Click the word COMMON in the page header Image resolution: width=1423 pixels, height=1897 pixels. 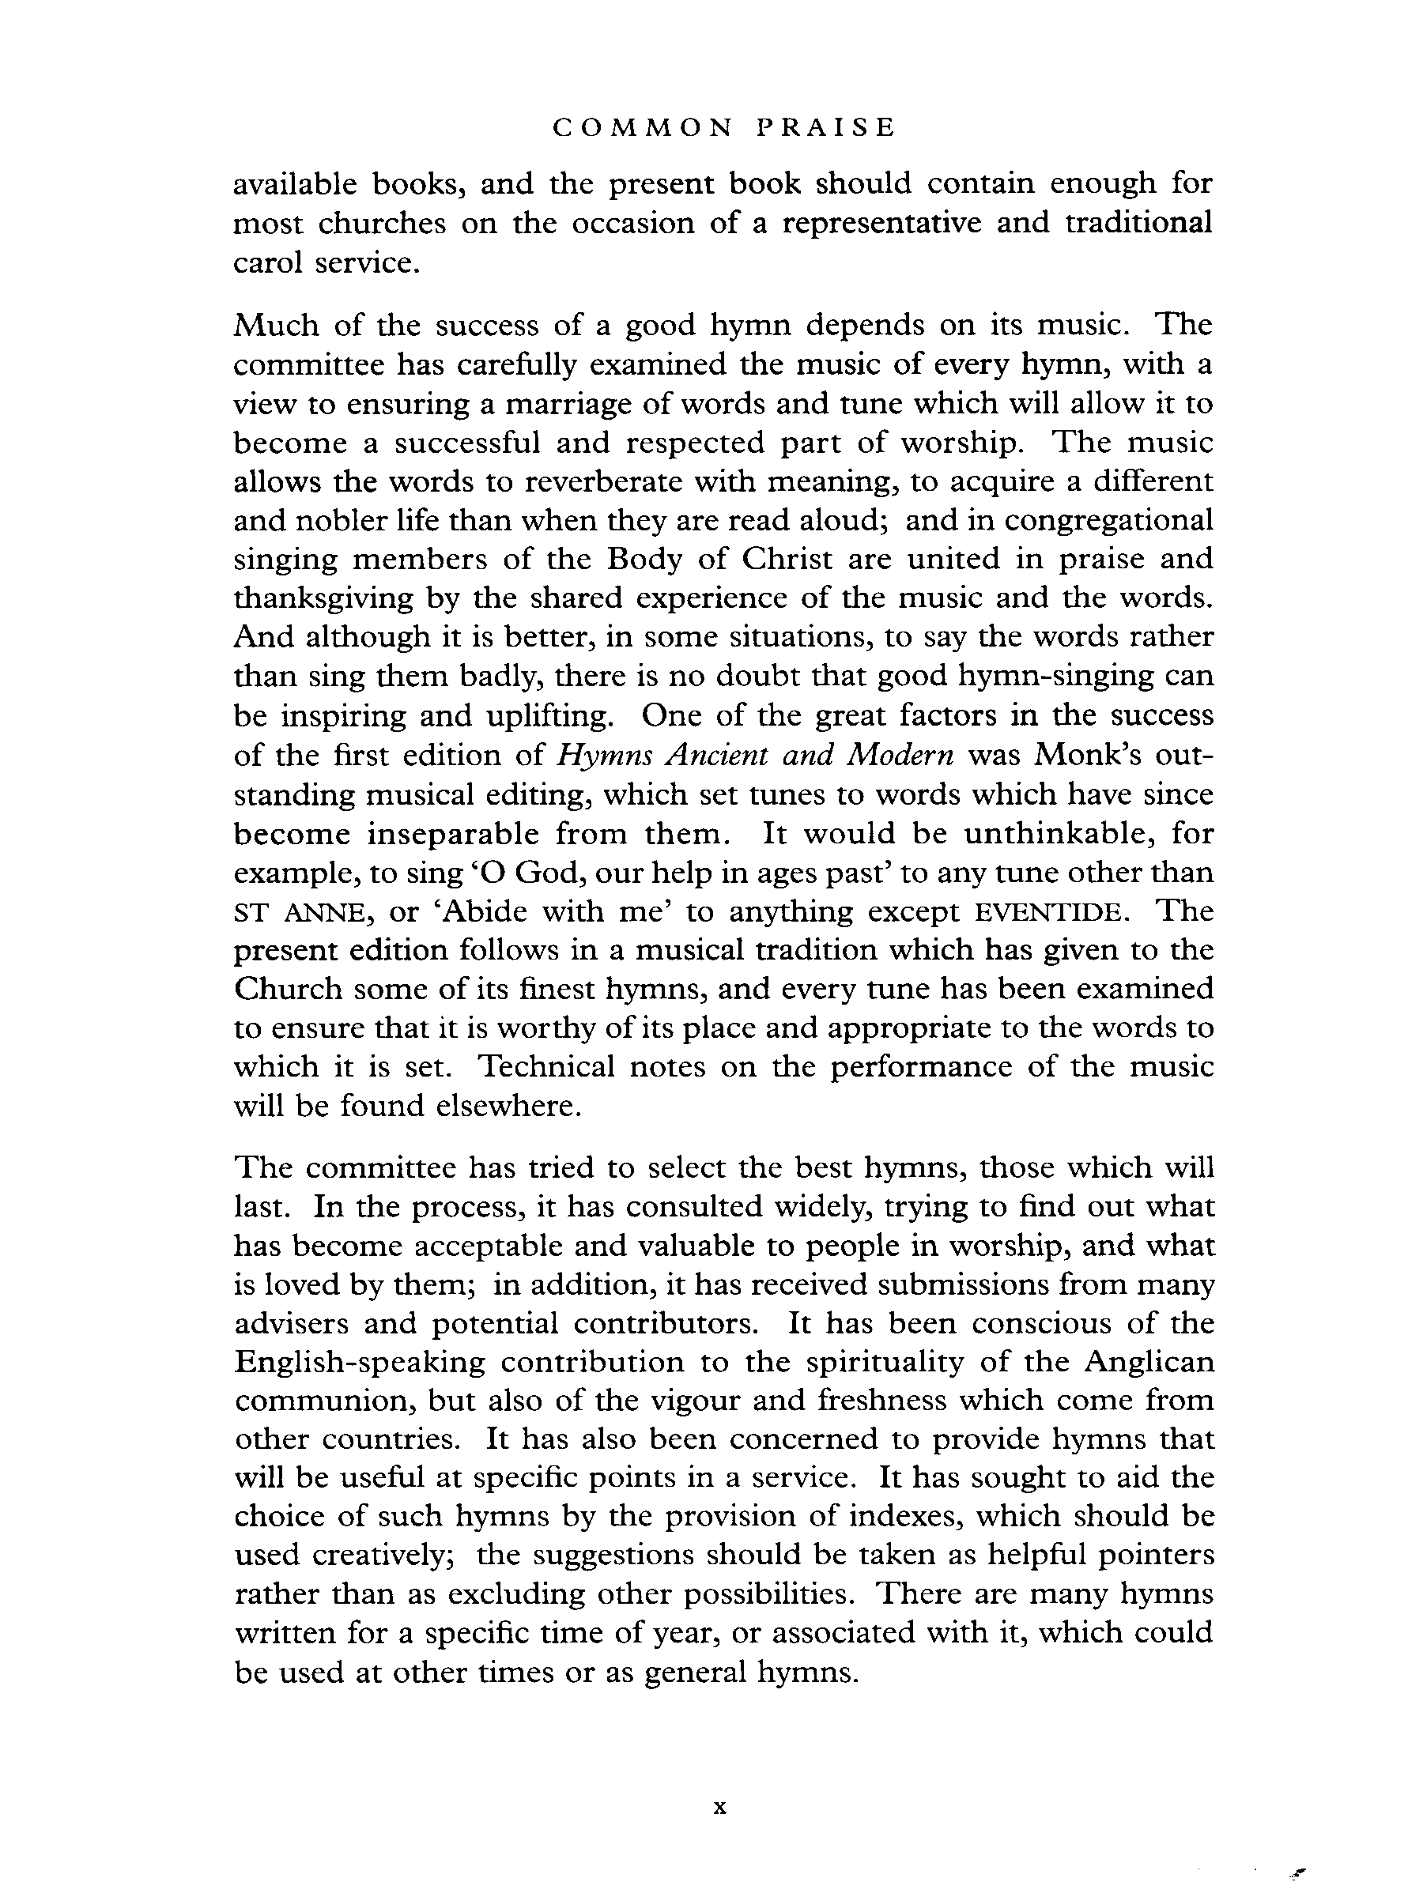pyautogui.click(x=644, y=128)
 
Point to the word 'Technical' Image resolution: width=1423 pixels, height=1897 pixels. pyautogui.click(x=546, y=1067)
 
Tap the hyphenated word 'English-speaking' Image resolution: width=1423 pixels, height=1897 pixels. pyautogui.click(x=360, y=1363)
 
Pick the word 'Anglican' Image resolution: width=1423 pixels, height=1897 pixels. pyautogui.click(x=1149, y=1362)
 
